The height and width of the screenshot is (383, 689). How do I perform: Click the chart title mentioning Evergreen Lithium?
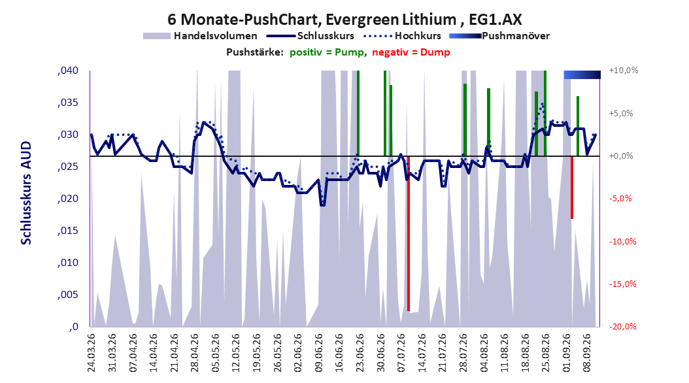(344, 20)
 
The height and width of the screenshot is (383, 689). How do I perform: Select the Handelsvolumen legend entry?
(201, 36)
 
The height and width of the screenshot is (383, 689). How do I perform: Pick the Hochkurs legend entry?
(402, 36)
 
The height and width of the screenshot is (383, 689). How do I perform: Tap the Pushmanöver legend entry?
(499, 36)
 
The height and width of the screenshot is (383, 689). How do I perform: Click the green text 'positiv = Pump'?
(326, 52)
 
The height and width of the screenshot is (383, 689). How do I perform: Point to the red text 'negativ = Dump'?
(411, 52)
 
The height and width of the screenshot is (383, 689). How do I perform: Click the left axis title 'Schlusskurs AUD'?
(26, 193)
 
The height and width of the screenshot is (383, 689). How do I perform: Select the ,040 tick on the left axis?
(68, 71)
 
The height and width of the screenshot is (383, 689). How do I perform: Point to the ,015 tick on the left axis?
(68, 231)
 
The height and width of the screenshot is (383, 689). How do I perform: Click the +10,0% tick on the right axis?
(624, 71)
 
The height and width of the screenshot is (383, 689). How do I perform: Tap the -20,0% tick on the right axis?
(622, 326)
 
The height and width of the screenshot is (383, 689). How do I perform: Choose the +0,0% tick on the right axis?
(621, 156)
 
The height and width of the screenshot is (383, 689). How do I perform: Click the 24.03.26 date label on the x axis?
(92, 353)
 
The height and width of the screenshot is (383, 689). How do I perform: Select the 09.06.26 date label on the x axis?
(318, 353)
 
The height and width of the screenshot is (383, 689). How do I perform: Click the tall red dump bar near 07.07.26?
(409, 234)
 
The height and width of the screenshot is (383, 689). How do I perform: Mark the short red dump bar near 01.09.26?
(572, 188)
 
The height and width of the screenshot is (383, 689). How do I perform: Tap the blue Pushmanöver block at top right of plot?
(582, 75)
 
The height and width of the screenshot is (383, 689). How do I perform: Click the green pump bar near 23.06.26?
(358, 113)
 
